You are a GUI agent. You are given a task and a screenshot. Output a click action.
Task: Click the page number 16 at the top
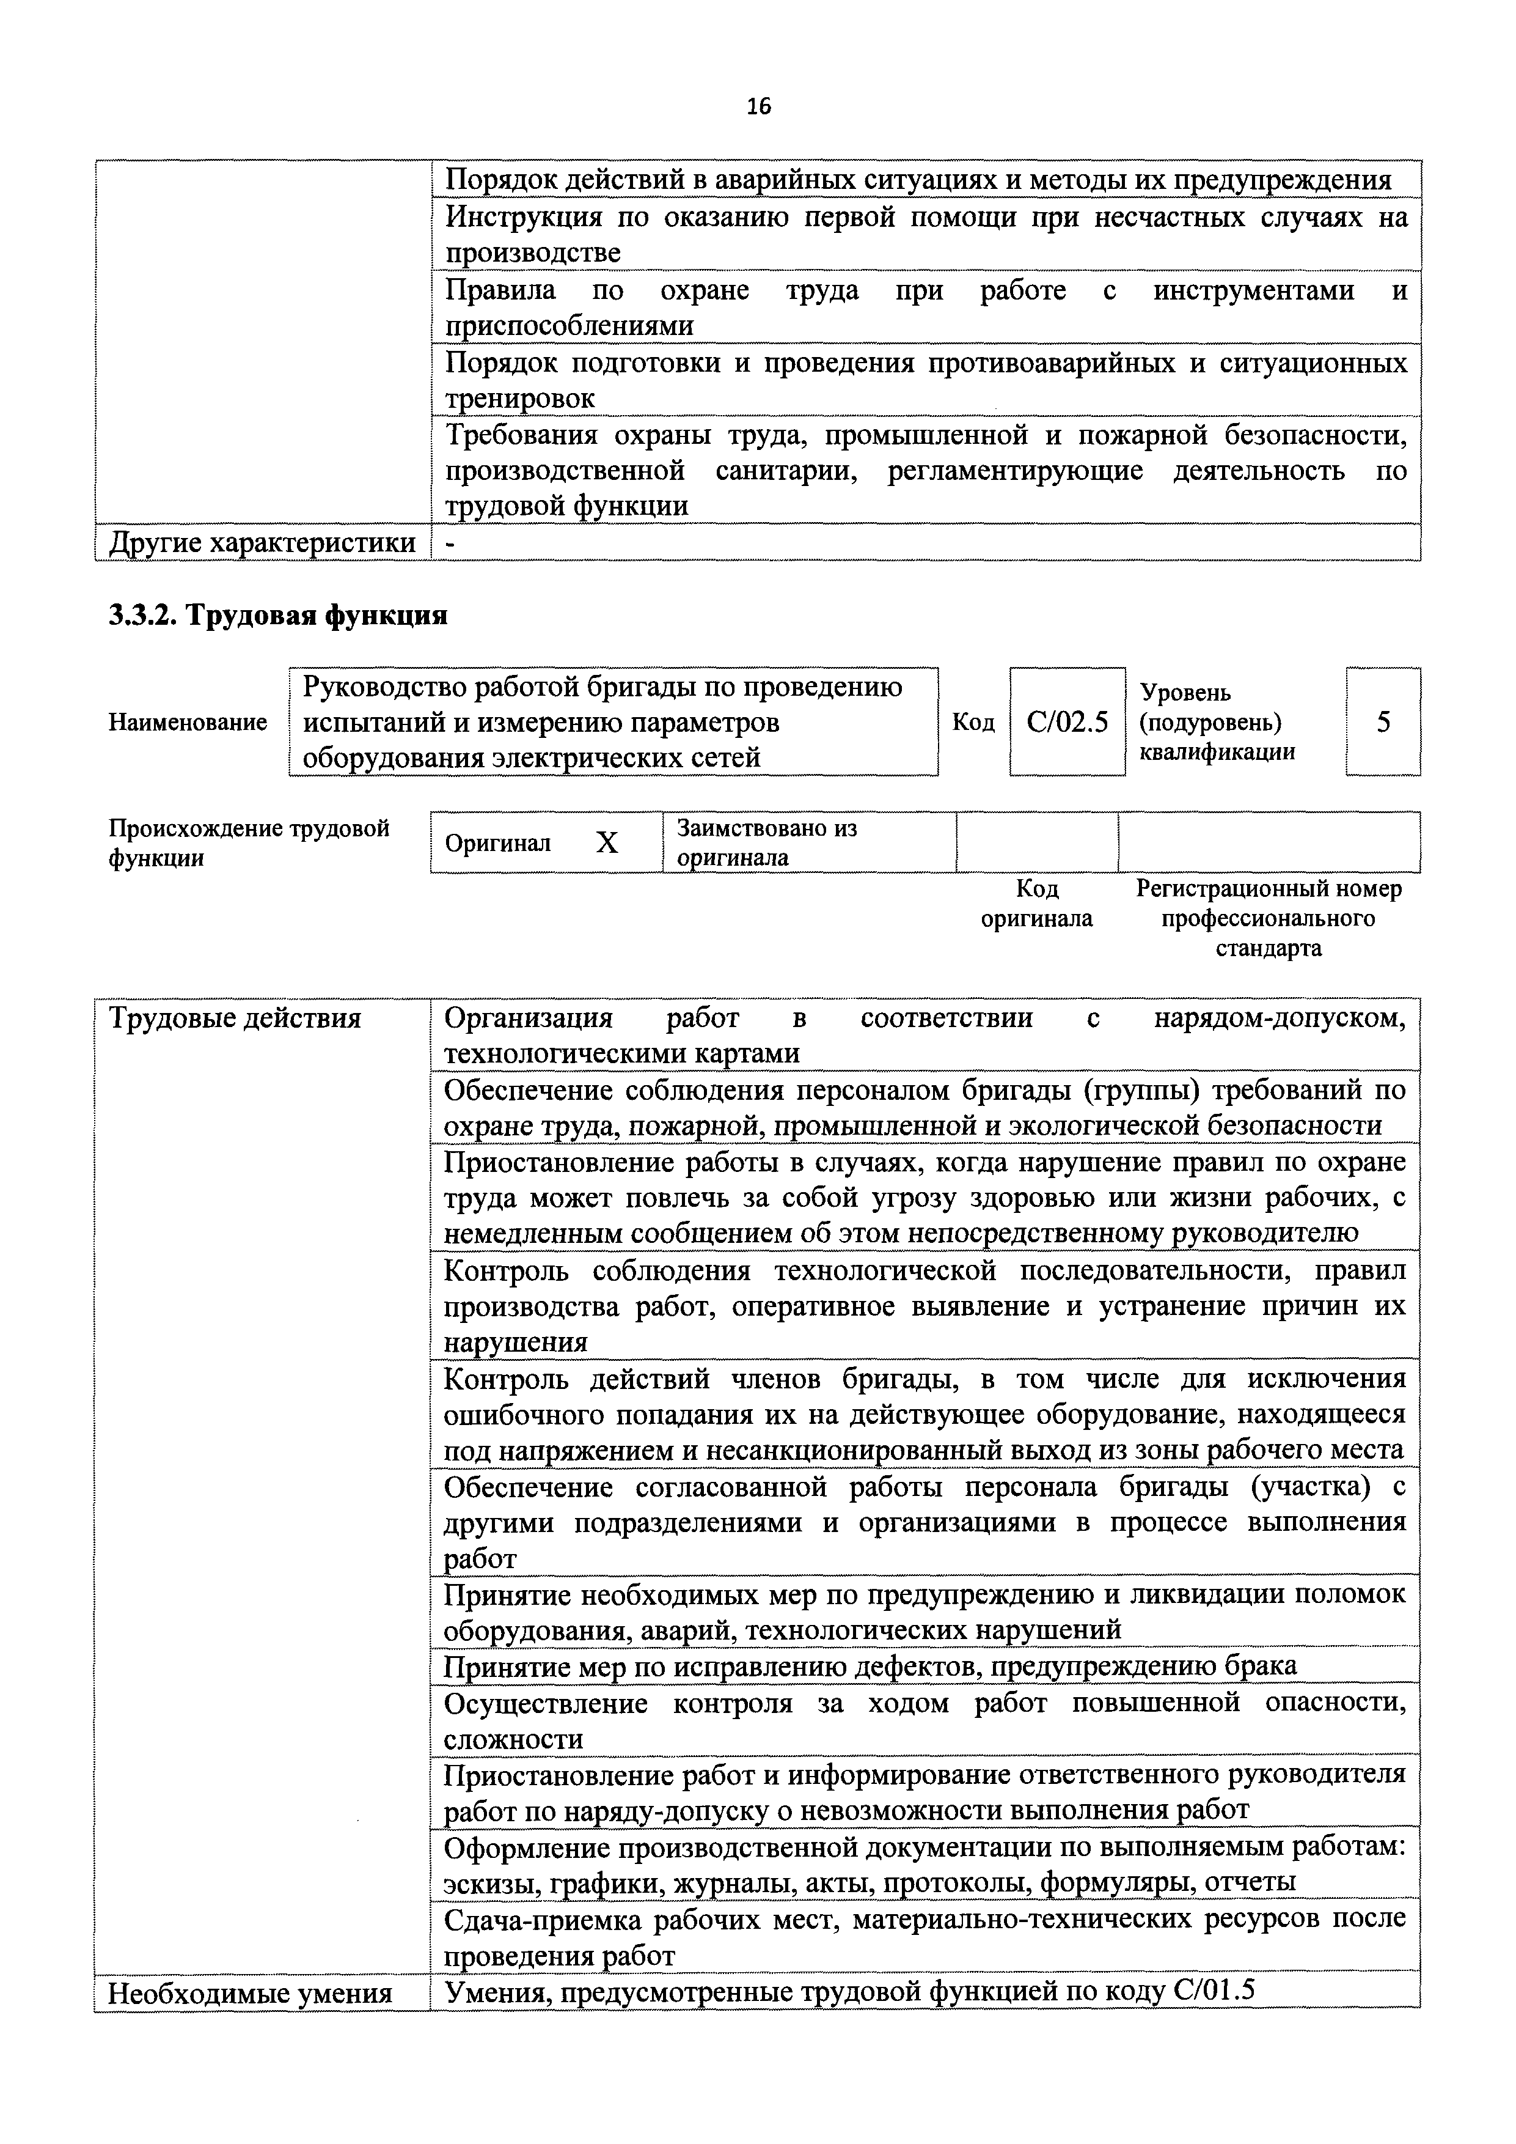click(x=759, y=106)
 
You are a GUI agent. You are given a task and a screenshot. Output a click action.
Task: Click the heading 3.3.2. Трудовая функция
click(x=278, y=616)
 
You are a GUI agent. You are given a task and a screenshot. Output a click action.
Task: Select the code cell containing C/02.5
click(x=1067, y=722)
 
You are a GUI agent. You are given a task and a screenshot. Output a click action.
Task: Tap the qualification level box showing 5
click(x=1383, y=722)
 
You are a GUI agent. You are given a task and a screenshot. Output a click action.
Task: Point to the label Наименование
click(x=188, y=722)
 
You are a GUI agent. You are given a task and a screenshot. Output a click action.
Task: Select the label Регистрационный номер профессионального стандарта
click(x=1268, y=918)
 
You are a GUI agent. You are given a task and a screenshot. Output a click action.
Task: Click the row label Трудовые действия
click(x=235, y=1018)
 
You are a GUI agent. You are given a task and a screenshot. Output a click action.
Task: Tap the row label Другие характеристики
click(x=262, y=542)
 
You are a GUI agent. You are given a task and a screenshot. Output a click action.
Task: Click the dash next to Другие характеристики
click(x=451, y=542)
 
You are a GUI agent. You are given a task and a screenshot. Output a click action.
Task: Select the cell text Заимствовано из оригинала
click(x=766, y=842)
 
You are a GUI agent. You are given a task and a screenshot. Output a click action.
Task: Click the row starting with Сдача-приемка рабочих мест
click(x=924, y=1937)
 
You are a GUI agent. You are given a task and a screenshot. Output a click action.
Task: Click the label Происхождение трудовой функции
click(x=249, y=842)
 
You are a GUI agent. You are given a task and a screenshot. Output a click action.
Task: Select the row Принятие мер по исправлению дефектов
click(x=870, y=1666)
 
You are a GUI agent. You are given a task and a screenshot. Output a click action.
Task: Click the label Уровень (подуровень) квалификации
click(x=1217, y=722)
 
